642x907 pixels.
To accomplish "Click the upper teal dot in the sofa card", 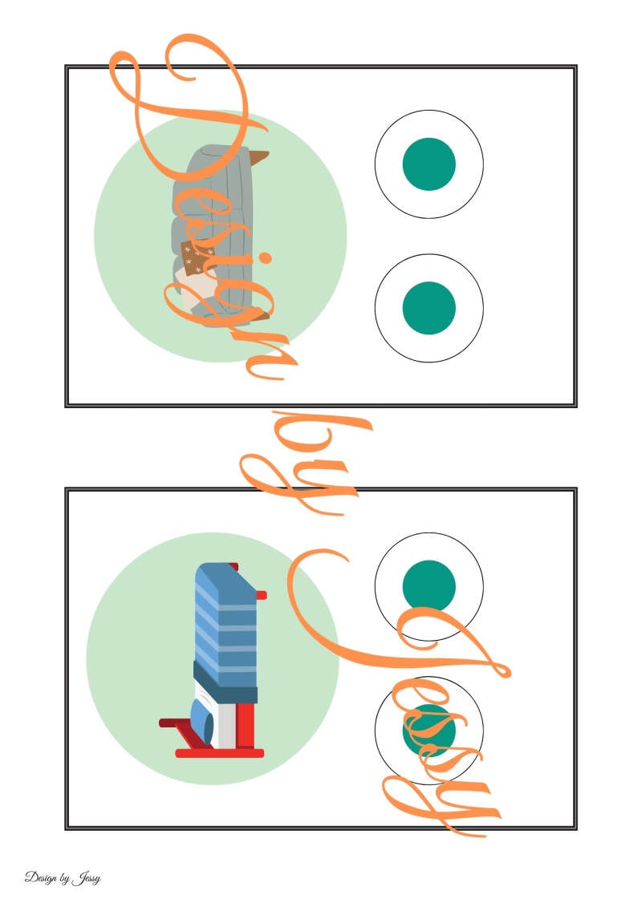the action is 429,164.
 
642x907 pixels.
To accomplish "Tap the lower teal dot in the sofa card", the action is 429,308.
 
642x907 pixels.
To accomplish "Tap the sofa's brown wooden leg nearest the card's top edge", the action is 259,159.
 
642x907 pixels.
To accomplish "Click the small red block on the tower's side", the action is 261,594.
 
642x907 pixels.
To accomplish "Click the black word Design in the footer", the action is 41,877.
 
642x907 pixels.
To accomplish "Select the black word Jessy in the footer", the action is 88,878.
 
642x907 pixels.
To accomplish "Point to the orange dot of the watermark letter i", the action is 267,260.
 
